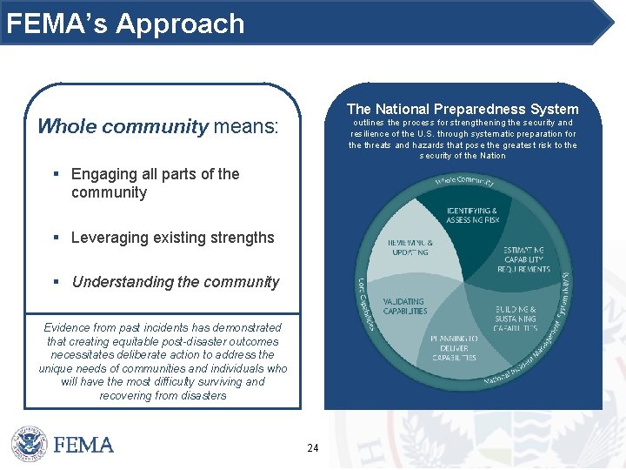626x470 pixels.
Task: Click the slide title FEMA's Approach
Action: (125, 23)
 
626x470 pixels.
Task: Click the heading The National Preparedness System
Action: (462, 109)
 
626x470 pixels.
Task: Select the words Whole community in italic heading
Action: (123, 127)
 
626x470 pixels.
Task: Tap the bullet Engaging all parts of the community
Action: (155, 183)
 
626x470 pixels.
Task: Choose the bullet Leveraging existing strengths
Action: (172, 238)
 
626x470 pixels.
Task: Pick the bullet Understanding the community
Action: (176, 282)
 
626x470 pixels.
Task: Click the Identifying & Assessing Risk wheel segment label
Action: (472, 215)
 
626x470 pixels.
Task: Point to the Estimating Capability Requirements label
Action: (526, 259)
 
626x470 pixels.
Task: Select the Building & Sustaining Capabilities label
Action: (515, 319)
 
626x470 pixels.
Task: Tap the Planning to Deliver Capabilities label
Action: (453, 347)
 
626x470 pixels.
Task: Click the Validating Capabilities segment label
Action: (405, 305)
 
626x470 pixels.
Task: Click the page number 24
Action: (313, 448)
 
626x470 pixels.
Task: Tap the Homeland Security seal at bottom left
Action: (29, 444)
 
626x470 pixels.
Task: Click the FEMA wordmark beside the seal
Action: (83, 445)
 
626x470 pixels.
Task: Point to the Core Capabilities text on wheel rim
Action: (365, 304)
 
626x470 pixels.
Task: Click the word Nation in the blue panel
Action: (491, 156)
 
